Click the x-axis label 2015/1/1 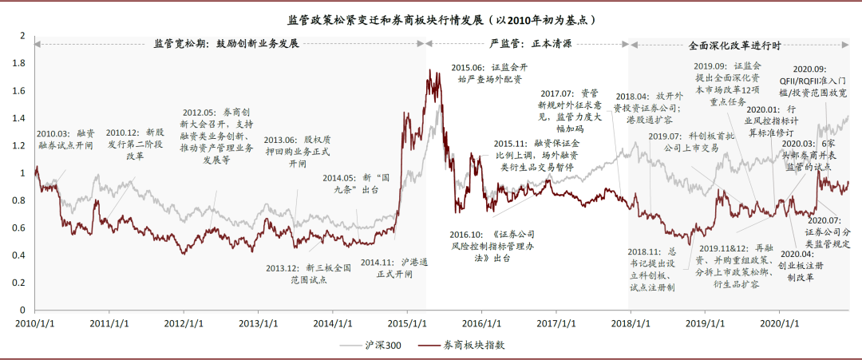pos(407,323)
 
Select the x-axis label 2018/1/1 pos(629,323)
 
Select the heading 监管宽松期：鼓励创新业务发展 pos(225,44)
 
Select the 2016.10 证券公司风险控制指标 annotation pos(492,247)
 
